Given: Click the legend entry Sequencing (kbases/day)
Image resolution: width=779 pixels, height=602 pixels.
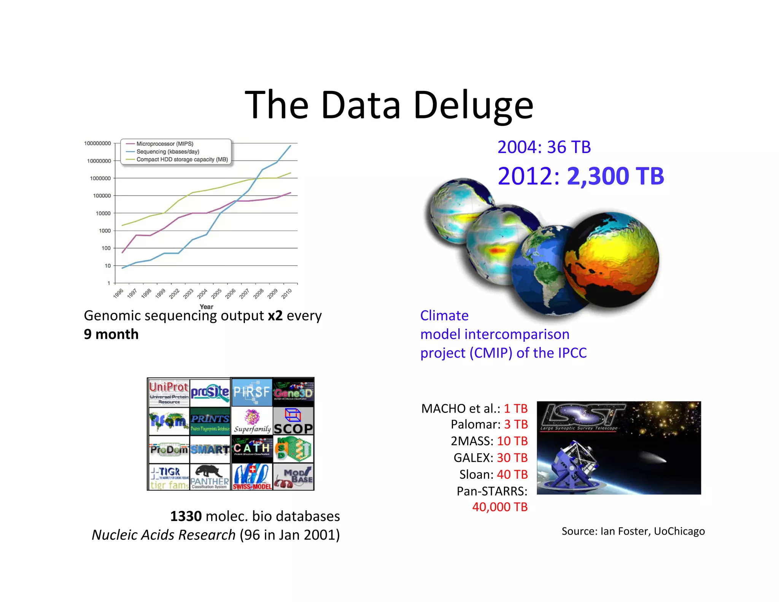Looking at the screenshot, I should click(167, 151).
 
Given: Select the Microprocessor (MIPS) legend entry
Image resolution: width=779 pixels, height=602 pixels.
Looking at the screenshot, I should click(164, 144).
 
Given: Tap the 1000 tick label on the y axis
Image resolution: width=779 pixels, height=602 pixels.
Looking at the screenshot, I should click(105, 231).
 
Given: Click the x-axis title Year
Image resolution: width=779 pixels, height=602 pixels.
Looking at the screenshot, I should click(206, 307).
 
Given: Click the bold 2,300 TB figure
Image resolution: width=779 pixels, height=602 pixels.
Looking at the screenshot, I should click(615, 176).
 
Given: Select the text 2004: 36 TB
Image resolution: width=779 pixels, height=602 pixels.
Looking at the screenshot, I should click(544, 147).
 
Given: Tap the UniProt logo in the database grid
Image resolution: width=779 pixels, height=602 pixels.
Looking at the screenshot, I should click(169, 392).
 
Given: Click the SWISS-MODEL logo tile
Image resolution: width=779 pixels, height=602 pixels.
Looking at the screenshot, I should click(252, 477).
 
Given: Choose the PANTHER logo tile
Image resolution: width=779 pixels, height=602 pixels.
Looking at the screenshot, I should click(210, 477).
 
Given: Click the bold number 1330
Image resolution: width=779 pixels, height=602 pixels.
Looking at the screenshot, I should click(186, 516).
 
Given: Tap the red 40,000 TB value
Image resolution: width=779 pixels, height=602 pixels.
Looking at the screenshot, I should click(499, 507).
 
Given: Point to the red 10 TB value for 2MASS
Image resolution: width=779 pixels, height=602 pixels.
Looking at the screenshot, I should click(512, 441).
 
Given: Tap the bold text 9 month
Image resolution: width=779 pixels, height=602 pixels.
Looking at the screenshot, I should click(111, 334).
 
